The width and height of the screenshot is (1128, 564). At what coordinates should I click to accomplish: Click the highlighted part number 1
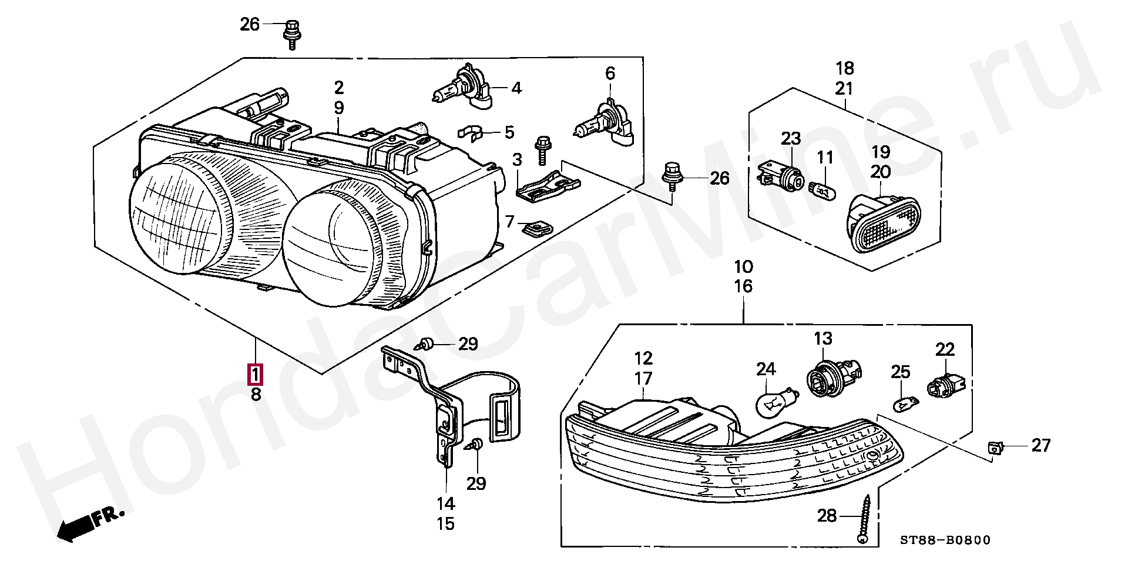[x=256, y=373]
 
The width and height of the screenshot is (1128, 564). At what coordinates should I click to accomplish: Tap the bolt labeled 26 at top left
[x=291, y=34]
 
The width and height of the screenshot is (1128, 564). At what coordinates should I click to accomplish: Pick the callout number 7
[x=510, y=222]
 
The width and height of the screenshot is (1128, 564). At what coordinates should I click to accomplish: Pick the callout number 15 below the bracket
[x=446, y=523]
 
